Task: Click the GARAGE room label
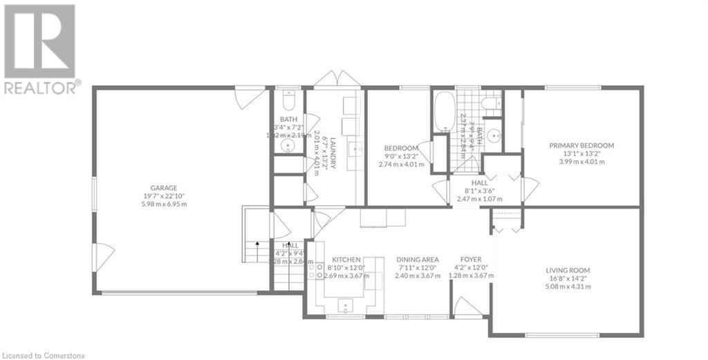point(165,187)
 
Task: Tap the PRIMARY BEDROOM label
point(581,145)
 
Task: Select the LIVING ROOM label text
point(568,270)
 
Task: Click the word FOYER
point(472,260)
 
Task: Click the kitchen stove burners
point(316,270)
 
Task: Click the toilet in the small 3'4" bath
point(289,102)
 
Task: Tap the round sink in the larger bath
point(494,135)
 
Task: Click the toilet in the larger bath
point(490,105)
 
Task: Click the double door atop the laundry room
point(337,79)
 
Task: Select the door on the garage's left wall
point(104,257)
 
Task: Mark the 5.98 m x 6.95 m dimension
point(165,204)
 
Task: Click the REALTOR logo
point(41,48)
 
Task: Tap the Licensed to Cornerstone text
point(46,354)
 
